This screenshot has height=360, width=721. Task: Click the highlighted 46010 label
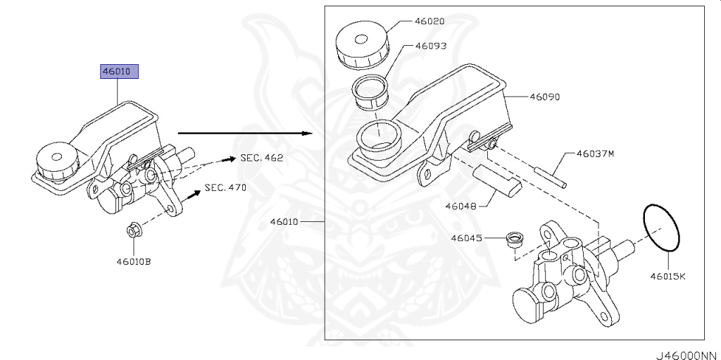(x=119, y=71)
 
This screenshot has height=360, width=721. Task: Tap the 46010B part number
(x=134, y=261)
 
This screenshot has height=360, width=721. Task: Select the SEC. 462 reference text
(x=261, y=158)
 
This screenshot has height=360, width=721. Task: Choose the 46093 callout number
(x=431, y=46)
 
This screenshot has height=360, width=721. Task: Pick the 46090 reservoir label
(x=544, y=97)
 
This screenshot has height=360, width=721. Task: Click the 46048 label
(x=460, y=206)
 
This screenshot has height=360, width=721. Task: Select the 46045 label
(x=466, y=238)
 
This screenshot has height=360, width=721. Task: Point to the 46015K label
(x=667, y=276)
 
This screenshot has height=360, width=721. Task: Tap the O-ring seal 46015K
(x=662, y=227)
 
